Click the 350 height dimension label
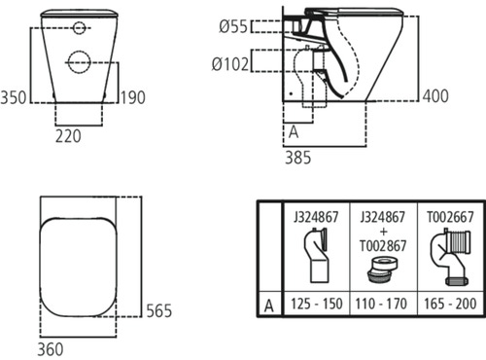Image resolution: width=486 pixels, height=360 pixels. [14, 97]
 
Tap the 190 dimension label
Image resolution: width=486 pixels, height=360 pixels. [133, 97]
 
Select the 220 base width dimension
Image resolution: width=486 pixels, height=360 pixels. [68, 136]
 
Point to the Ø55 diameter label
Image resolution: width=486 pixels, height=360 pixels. [233, 26]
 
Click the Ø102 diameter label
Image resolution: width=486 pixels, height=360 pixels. [230, 64]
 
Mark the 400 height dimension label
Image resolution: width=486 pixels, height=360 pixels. [435, 96]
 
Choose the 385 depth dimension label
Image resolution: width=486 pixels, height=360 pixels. [297, 158]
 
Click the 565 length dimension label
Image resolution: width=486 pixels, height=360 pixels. [158, 310]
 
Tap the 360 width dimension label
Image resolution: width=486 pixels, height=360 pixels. [51, 349]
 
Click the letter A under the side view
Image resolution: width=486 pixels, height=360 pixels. [294, 132]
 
